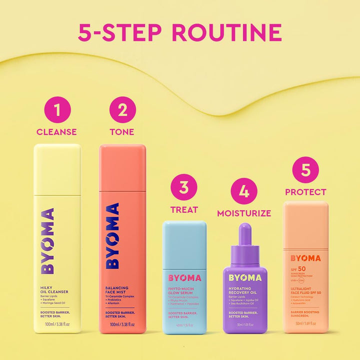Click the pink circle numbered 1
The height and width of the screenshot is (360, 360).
click(x=56, y=110)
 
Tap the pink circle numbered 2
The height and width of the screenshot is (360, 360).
click(x=122, y=110)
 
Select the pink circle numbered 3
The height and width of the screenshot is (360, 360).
click(x=184, y=187)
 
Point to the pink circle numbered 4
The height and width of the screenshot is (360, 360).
click(x=244, y=191)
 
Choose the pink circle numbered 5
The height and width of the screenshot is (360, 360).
click(x=305, y=170)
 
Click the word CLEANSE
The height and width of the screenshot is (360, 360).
click(x=56, y=132)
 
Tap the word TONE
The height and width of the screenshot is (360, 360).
click(x=122, y=132)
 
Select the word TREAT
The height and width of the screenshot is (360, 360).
click(x=184, y=209)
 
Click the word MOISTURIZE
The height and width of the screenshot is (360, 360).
click(x=244, y=213)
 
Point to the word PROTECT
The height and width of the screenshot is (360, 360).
click(x=305, y=192)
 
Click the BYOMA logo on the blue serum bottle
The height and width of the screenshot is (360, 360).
click(x=184, y=278)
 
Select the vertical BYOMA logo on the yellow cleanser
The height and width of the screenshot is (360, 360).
click(x=48, y=241)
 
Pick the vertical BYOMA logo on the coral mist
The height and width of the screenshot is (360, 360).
click(x=113, y=235)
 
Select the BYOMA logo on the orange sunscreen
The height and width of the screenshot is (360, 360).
click(x=305, y=258)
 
